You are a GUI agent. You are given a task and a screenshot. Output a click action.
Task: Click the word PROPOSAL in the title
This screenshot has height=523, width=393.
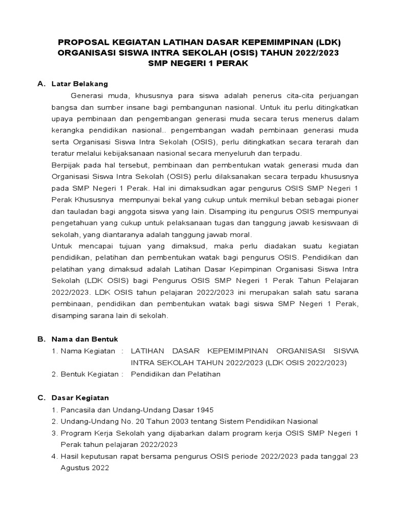click(x=79, y=42)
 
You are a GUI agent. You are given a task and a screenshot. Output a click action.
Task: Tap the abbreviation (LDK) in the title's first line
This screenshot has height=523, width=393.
click(x=326, y=42)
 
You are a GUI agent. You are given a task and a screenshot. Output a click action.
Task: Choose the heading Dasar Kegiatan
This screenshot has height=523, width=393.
click(x=80, y=397)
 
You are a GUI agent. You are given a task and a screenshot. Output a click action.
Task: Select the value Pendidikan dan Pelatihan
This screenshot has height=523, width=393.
click(x=176, y=374)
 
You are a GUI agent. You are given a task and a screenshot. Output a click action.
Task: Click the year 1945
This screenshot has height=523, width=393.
click(x=204, y=410)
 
